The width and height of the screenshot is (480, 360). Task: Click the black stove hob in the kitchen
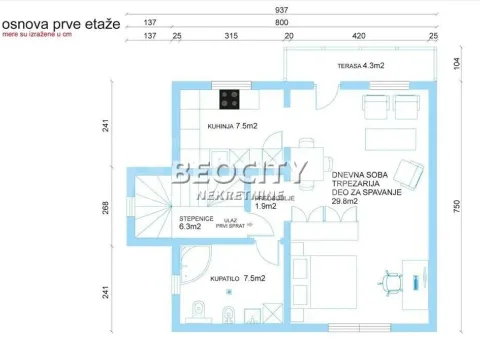point(231,99)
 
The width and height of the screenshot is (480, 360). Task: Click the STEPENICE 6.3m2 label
point(196,222)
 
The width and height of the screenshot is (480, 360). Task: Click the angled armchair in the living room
point(410,173)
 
